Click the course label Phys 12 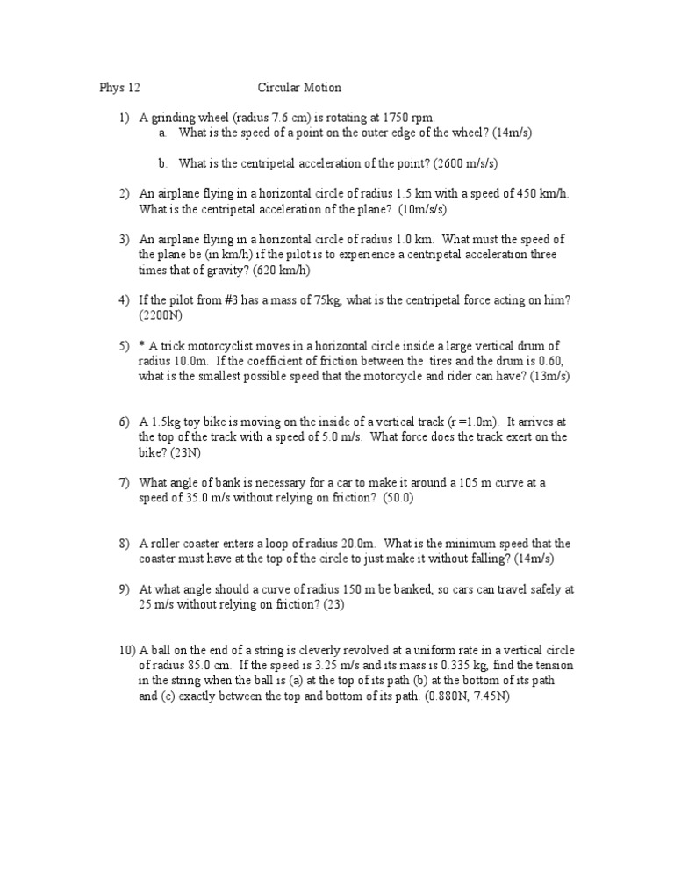(x=118, y=88)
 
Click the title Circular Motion (x=299, y=88)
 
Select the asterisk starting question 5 (x=142, y=345)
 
